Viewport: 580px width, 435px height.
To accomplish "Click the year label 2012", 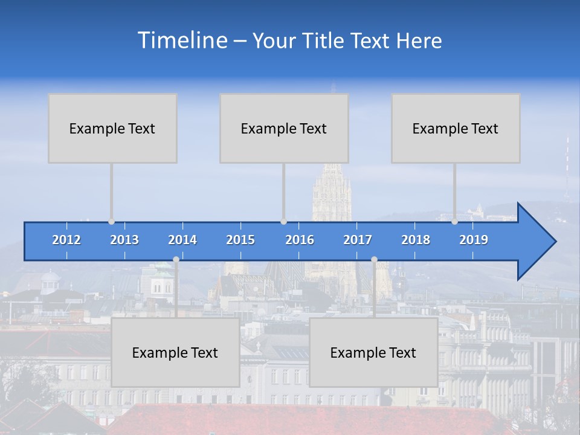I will [x=66, y=240].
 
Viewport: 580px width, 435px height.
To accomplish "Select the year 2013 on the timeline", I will [x=124, y=240].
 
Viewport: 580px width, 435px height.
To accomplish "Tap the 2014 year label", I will [x=182, y=240].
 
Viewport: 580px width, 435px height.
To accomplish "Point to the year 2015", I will [x=240, y=240].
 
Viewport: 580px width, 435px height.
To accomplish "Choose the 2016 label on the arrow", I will [x=300, y=240].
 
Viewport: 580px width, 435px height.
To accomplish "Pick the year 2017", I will [x=358, y=240].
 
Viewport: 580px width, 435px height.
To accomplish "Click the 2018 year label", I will [x=416, y=240].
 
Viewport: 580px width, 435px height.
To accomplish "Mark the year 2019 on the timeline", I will [x=474, y=240].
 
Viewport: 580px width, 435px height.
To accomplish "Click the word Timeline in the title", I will [x=182, y=40].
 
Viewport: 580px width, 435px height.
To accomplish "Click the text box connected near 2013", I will [x=112, y=128].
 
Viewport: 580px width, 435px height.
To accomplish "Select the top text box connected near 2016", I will [x=284, y=128].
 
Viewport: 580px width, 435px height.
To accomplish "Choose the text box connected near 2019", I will [x=456, y=128].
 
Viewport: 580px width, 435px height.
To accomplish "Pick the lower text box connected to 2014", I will [x=175, y=352].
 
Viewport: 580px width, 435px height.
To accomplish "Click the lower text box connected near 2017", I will [x=373, y=352].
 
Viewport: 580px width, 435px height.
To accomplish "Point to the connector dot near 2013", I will [x=112, y=222].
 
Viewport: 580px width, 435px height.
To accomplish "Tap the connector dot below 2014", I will [x=176, y=260].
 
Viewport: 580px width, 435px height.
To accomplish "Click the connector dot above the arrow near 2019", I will [x=455, y=222].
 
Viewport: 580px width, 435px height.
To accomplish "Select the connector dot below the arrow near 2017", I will [x=374, y=260].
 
